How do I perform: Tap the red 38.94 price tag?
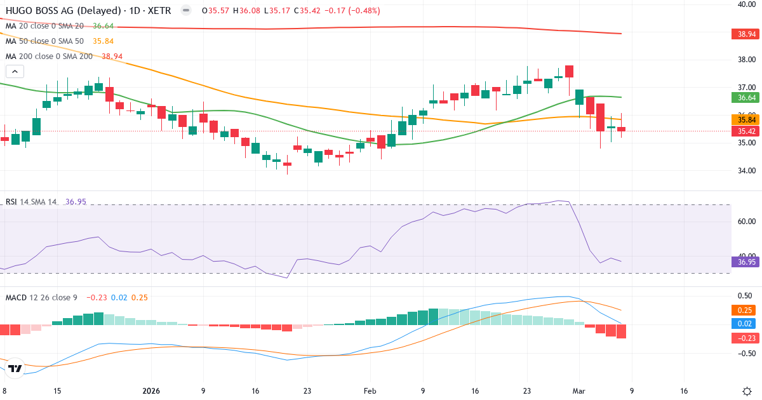pos(745,34)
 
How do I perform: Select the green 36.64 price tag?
pos(745,97)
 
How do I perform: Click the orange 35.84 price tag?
pos(745,119)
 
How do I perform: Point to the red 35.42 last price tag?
pos(745,131)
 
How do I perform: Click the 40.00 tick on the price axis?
pos(745,4)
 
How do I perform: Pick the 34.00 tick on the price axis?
pos(745,170)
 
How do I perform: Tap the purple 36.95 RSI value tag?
pos(745,262)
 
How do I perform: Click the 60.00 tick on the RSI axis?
pos(745,222)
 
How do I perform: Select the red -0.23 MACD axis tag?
pos(745,338)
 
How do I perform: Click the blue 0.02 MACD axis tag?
pos(745,324)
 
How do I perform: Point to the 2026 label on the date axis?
pos(151,391)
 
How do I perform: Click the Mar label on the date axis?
pos(579,391)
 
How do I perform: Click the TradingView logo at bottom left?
pos(16,369)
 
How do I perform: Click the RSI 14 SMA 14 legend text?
pos(31,202)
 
